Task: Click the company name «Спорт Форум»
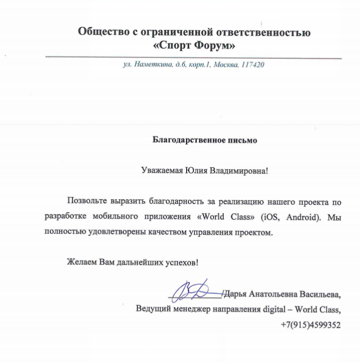coord(194,46)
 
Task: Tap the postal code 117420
coord(252,66)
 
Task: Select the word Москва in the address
coord(226,66)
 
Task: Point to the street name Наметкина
coord(151,66)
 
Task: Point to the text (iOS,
coord(270,217)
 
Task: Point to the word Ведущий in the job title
coord(151,309)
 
